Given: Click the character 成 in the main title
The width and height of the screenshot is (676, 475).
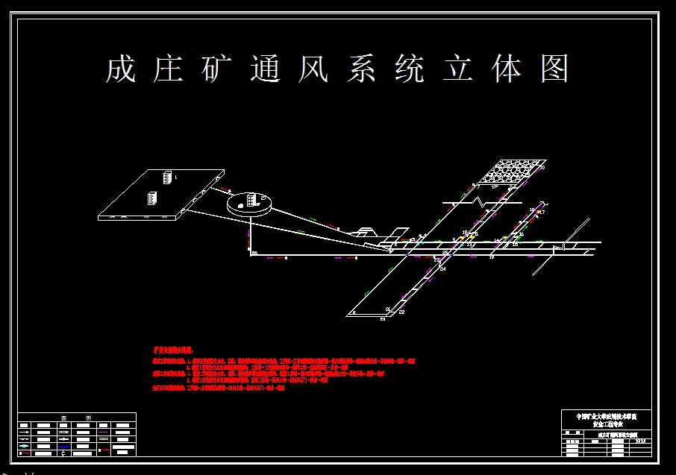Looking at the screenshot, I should pos(120,69).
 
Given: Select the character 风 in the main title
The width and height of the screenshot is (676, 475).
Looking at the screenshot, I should pos(313,69).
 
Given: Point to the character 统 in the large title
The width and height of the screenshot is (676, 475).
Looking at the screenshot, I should pos(410,69).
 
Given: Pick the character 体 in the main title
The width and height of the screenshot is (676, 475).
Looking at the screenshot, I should pos(507,69).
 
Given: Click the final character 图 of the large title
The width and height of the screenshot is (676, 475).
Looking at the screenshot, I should pos(554,69).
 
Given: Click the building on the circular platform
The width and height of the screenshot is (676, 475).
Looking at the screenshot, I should pos(252,200).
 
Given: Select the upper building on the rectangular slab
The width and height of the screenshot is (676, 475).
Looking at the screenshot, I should pos(168,177).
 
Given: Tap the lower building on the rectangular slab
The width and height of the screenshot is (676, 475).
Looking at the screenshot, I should pos(151,199).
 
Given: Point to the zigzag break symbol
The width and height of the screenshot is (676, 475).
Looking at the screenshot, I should pos(478,202).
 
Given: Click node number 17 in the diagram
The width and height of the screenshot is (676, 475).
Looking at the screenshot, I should pos(542,213).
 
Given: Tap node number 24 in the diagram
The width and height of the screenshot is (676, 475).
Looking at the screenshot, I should pos(442,268).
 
